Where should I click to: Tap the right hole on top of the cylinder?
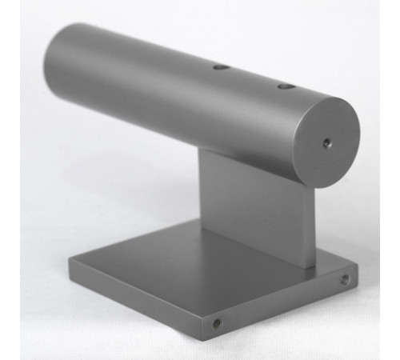(x=285, y=85)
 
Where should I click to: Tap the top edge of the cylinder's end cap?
(x=332, y=99)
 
